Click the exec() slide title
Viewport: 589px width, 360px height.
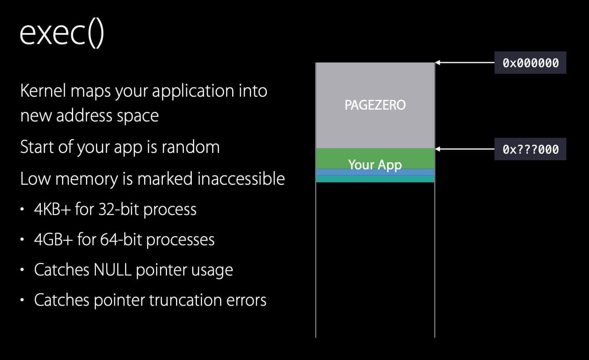coord(62,33)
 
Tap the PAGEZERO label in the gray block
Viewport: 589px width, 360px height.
coord(375,105)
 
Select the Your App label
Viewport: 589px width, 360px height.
coord(375,164)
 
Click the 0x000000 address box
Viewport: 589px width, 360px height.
coord(530,63)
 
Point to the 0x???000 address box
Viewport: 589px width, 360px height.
coord(530,149)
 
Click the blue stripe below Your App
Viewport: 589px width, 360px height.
coord(375,173)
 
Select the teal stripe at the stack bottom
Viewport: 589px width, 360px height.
coord(375,179)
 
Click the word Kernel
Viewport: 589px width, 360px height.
coord(43,91)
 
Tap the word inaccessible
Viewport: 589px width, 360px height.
coord(240,179)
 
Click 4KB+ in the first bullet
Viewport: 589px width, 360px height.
coord(52,209)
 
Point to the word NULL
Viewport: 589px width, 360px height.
coord(112,270)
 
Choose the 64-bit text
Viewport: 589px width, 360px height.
coord(121,240)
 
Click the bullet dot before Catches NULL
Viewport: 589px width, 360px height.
coord(23,270)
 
